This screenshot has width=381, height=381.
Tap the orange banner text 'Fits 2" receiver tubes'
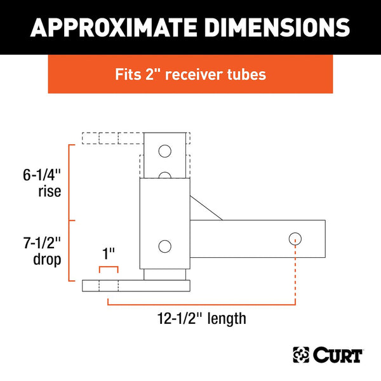pos(190,74)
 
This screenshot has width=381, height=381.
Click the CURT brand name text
pos(336,354)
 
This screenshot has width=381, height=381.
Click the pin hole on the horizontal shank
pos(295,239)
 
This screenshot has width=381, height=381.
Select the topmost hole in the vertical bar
pos(165,151)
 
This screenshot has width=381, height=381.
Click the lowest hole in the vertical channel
pos(165,246)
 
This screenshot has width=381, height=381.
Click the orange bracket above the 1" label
pos(109,269)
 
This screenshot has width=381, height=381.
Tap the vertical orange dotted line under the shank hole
pos(295,273)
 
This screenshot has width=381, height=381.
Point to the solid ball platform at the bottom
pos(137,286)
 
